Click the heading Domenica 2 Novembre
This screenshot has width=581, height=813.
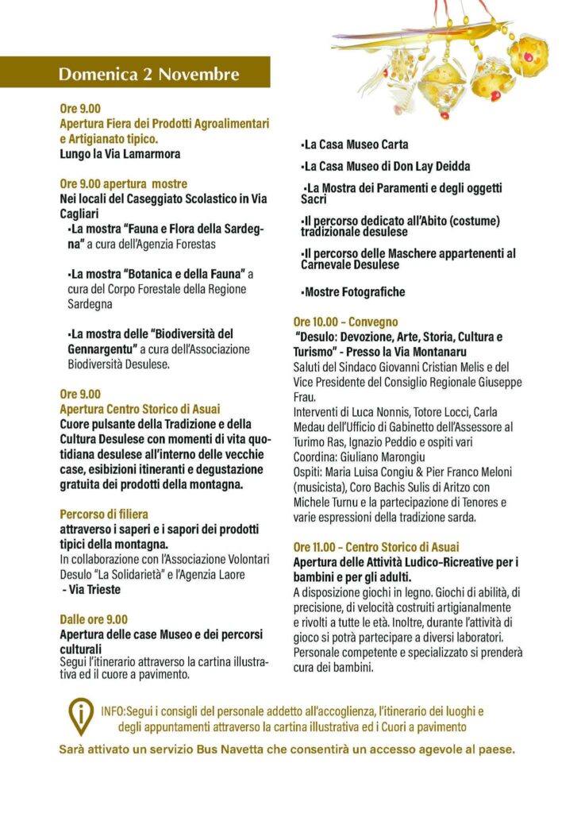point(148,75)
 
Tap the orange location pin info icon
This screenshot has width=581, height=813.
point(81,716)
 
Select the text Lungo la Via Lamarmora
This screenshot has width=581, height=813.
point(120,154)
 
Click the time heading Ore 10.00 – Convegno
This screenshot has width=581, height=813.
point(345,322)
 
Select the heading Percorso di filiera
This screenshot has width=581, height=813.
point(104,514)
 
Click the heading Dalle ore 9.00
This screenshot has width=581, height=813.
point(94,619)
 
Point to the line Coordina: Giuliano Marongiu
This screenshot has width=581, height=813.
point(360,457)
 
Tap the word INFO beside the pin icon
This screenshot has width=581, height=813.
point(113,711)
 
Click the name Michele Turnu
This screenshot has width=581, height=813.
point(328,503)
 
